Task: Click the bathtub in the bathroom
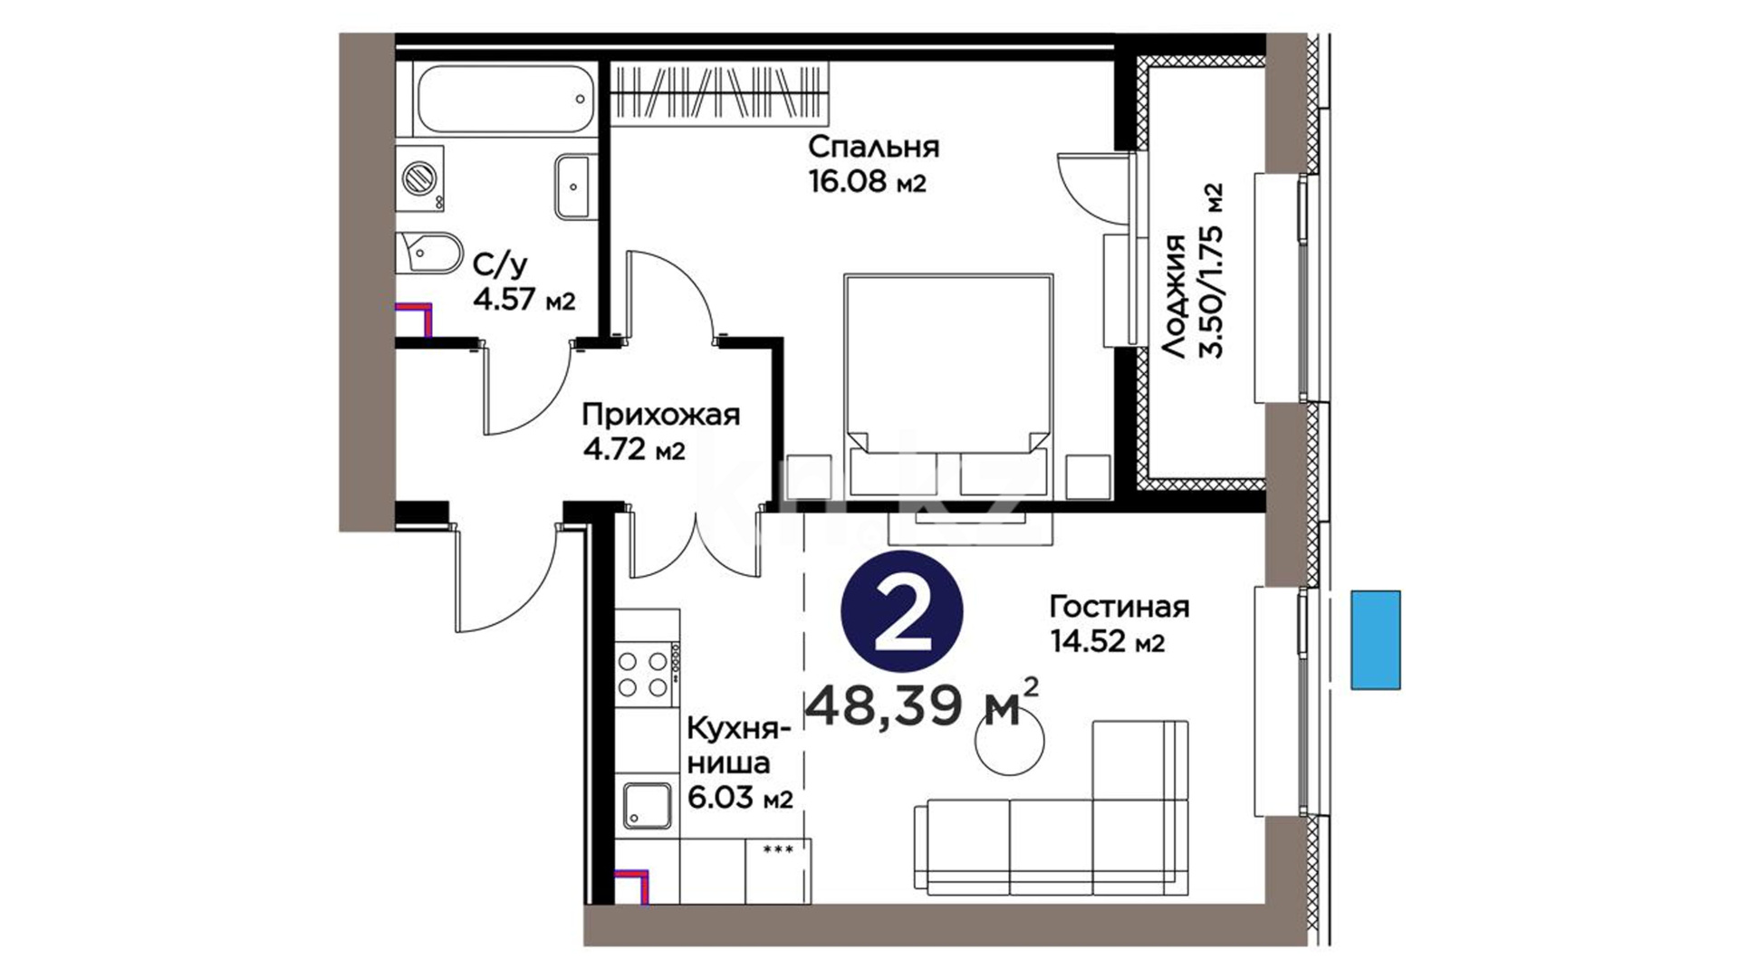[504, 100]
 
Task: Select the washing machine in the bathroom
[420, 178]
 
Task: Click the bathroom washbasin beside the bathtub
[574, 187]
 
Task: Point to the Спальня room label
[874, 146]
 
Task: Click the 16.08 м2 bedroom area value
[868, 182]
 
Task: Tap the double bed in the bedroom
[948, 385]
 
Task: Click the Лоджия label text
[1174, 297]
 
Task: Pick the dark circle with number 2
[902, 611]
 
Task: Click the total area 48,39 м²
[922, 705]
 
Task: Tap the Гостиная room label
[1119, 606]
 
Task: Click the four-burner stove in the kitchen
[648, 674]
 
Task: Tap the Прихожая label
[661, 415]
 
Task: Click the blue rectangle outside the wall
[1376, 640]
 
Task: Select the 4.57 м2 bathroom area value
[524, 300]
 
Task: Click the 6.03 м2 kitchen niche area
[741, 798]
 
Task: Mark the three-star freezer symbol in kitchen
[778, 849]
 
